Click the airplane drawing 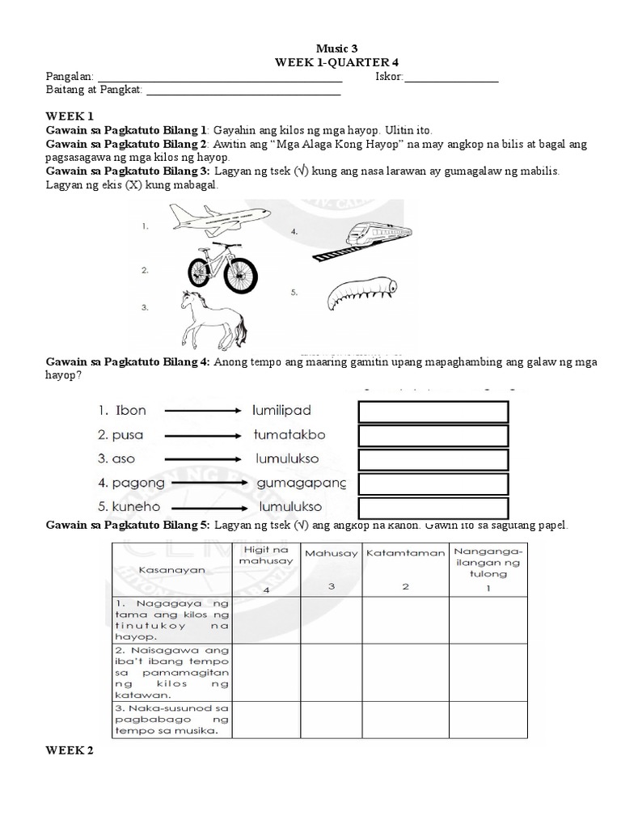click(x=218, y=218)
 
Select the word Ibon click(x=128, y=411)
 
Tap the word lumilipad click(x=281, y=411)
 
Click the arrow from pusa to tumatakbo click(x=202, y=435)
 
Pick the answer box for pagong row click(x=433, y=484)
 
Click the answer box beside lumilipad click(x=433, y=412)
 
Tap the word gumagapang click(x=301, y=484)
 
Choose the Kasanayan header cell click(x=171, y=569)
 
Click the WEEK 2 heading click(x=70, y=751)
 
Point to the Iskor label click(x=388, y=78)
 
